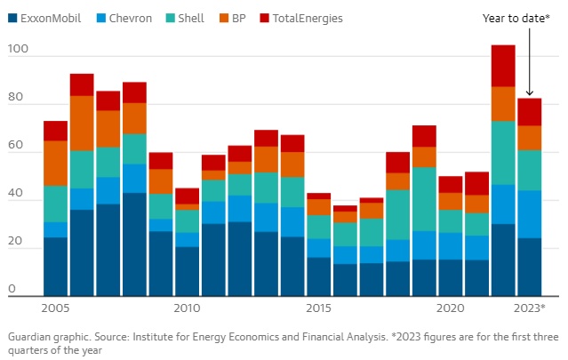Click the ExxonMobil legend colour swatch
(12, 18)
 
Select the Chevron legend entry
(125, 18)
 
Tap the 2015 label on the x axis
(319, 308)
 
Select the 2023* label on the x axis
(530, 308)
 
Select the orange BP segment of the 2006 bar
(82, 124)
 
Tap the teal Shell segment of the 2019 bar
(424, 199)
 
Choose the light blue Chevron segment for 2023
(530, 214)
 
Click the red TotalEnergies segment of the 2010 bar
(187, 196)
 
